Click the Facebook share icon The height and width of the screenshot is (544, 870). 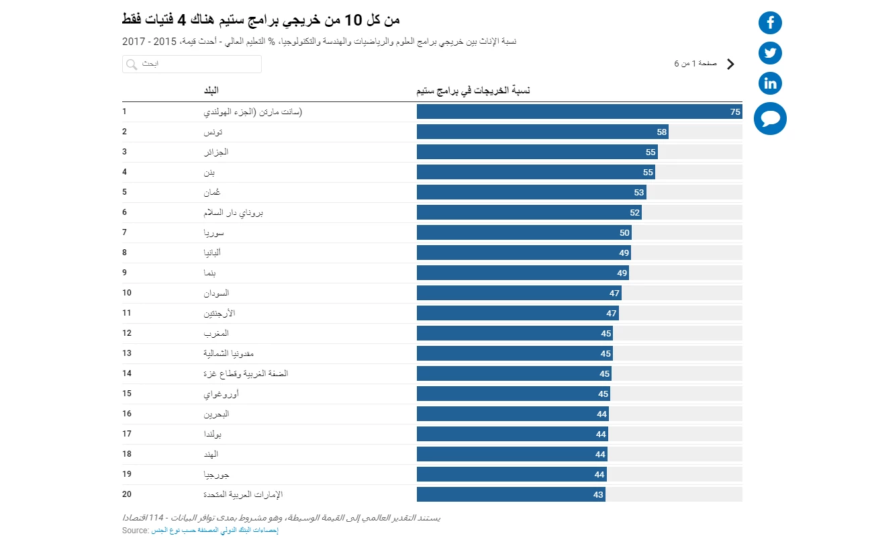(770, 23)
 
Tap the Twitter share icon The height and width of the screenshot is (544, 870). (770, 53)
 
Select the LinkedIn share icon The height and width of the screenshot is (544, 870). (770, 83)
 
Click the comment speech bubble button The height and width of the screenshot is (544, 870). (770, 119)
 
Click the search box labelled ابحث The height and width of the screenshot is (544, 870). (192, 64)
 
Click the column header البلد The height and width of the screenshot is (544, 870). (211, 91)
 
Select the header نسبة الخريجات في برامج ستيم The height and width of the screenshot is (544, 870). (473, 91)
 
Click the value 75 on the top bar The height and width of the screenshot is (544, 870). (735, 112)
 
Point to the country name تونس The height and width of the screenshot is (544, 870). (213, 132)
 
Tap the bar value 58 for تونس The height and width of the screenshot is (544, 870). (662, 132)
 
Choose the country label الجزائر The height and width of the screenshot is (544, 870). (216, 152)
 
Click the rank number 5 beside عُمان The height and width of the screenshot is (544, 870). (125, 192)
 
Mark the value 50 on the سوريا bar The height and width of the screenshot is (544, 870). (624, 233)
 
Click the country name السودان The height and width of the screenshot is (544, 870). (216, 293)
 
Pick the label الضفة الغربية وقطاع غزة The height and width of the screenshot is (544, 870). (246, 373)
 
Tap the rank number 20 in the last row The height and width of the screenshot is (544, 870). (127, 494)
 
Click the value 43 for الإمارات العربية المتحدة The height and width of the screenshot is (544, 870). (598, 495)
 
